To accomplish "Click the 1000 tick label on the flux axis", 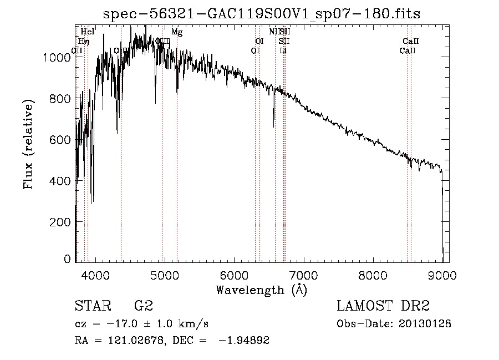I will tap(58, 57).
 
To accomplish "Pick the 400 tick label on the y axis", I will tap(62, 181).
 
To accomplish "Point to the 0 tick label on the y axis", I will tap(67, 258).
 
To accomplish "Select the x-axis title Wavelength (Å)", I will tap(261, 290).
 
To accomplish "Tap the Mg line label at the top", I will tap(177, 32).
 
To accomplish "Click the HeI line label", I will tap(88, 32).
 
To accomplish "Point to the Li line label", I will tap(283, 50).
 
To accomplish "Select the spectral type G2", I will tap(143, 306).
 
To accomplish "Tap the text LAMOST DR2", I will tap(383, 306).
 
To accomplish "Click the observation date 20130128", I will tap(424, 324).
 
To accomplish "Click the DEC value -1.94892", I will tap(245, 341).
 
